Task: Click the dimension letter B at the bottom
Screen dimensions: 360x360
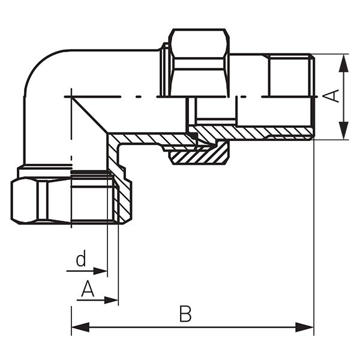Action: pos(185,314)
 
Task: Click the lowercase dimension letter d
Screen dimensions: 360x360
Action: pos(81,260)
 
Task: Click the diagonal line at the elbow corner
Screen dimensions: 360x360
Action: pos(90,115)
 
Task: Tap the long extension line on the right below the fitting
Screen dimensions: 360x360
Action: pos(314,240)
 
